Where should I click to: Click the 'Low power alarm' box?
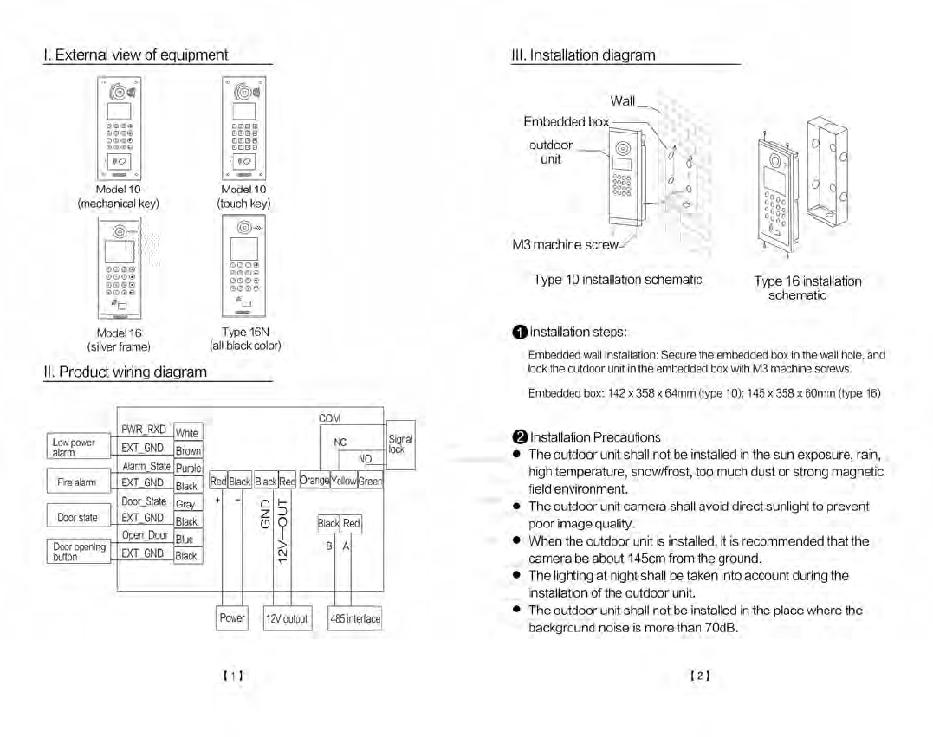click(x=78, y=447)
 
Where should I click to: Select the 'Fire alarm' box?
click(x=78, y=482)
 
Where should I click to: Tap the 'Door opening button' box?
click(x=78, y=552)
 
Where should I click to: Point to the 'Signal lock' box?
click(x=401, y=444)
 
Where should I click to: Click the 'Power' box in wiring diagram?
click(x=232, y=618)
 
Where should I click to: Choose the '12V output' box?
click(x=287, y=618)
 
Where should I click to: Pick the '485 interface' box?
click(x=354, y=618)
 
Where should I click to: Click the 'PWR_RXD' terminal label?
click(x=144, y=430)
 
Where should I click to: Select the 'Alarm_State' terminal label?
click(x=146, y=466)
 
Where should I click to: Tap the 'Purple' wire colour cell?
click(x=188, y=469)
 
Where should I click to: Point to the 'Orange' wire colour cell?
click(x=314, y=481)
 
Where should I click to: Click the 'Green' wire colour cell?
click(x=371, y=481)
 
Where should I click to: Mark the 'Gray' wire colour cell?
click(x=186, y=504)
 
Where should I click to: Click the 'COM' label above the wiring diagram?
click(x=329, y=418)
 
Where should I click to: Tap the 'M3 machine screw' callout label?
click(x=567, y=245)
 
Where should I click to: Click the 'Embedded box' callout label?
click(x=566, y=121)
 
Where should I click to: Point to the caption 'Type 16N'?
click(x=245, y=333)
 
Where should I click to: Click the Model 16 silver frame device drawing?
click(x=120, y=268)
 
